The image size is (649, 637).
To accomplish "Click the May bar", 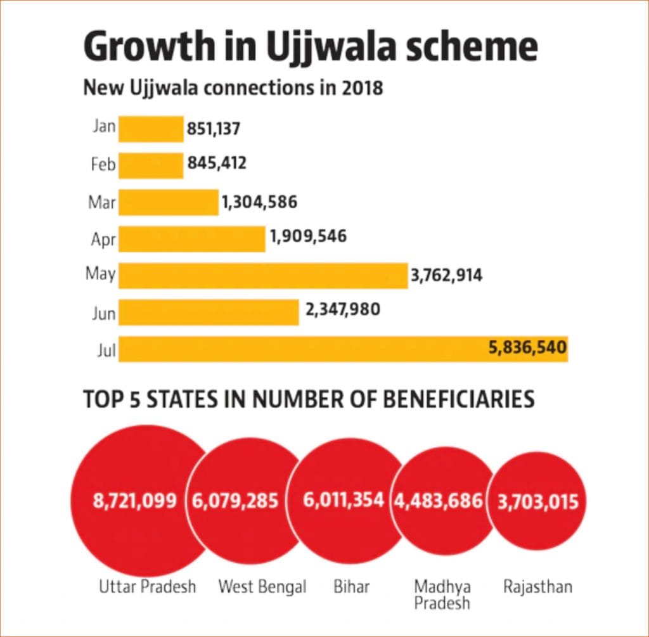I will [262, 276].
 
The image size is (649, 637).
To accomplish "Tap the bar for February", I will [151, 165].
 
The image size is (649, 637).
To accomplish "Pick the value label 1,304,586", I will [259, 202].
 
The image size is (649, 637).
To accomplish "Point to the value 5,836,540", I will [527, 347].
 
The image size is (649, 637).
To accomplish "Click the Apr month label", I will [103, 240].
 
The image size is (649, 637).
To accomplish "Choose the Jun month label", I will [103, 313].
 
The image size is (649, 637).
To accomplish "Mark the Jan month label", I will [104, 127].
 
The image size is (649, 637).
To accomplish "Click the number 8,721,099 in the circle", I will [135, 501].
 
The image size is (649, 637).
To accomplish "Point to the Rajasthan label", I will [537, 586].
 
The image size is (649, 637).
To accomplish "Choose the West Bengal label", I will [262, 586].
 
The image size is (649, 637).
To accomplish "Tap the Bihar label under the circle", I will [352, 586].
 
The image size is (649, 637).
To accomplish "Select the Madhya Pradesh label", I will [442, 594].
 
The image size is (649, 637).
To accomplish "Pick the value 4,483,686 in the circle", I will [439, 501].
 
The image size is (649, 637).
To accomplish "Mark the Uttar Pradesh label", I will [148, 586].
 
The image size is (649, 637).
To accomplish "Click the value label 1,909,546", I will [308, 236].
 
